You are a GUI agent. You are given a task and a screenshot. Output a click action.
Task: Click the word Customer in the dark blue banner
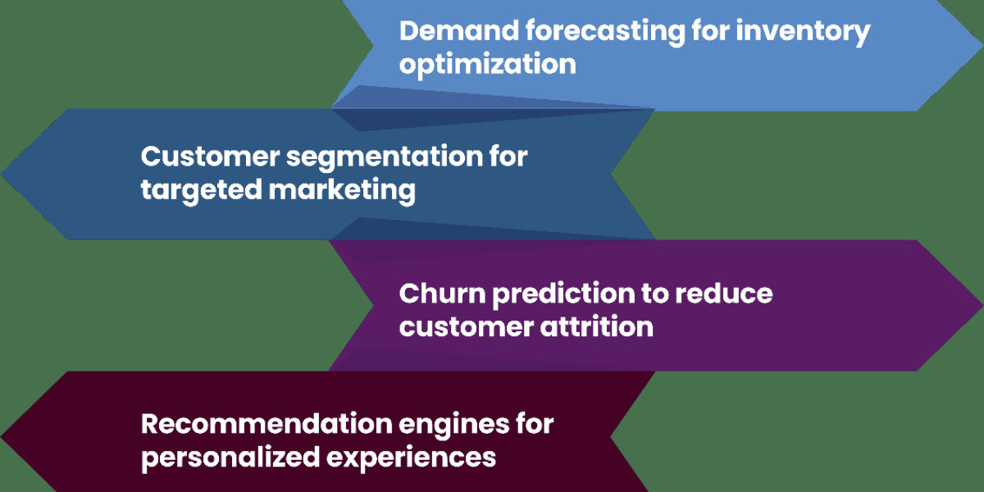(210, 157)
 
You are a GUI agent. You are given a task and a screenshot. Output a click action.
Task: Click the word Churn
(442, 293)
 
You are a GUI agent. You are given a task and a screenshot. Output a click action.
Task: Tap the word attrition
(597, 327)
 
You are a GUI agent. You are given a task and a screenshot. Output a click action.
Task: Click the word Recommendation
(266, 425)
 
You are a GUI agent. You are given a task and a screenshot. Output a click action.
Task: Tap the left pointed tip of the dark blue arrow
(2, 174)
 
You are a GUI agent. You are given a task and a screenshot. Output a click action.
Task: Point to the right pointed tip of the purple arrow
(982, 305)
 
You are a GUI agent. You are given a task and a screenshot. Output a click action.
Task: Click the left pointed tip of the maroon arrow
(2, 436)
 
